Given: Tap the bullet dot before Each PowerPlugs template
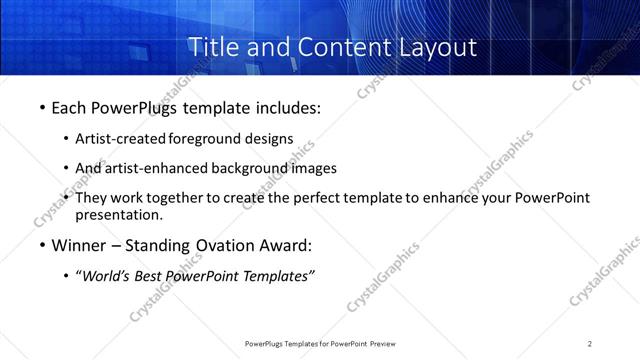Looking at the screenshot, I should pos(42,107).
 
